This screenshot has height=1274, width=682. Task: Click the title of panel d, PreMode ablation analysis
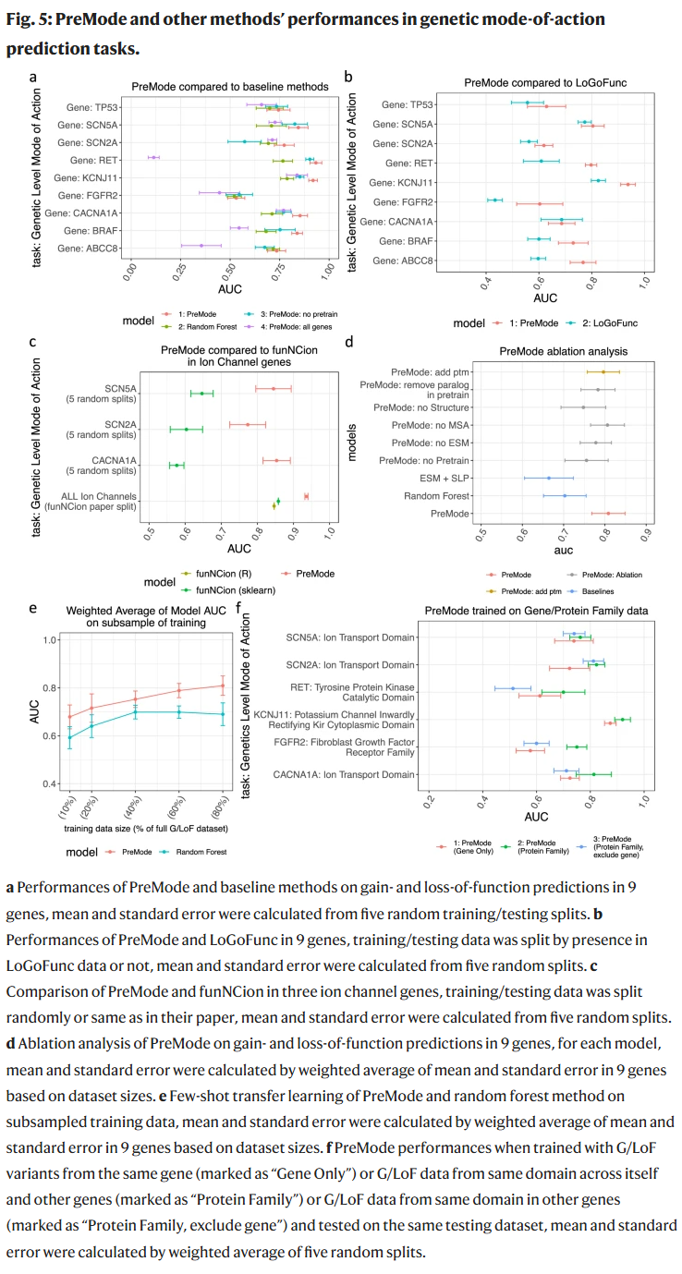pyautogui.click(x=564, y=351)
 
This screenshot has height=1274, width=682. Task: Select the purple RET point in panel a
pyautogui.click(x=154, y=158)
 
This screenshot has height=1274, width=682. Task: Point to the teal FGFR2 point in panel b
pyautogui.click(x=495, y=200)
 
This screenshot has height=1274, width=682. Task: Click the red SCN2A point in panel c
pyautogui.click(x=248, y=424)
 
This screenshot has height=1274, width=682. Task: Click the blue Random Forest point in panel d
pyautogui.click(x=565, y=496)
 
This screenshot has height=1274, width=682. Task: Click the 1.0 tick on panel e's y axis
pyautogui.click(x=50, y=639)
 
